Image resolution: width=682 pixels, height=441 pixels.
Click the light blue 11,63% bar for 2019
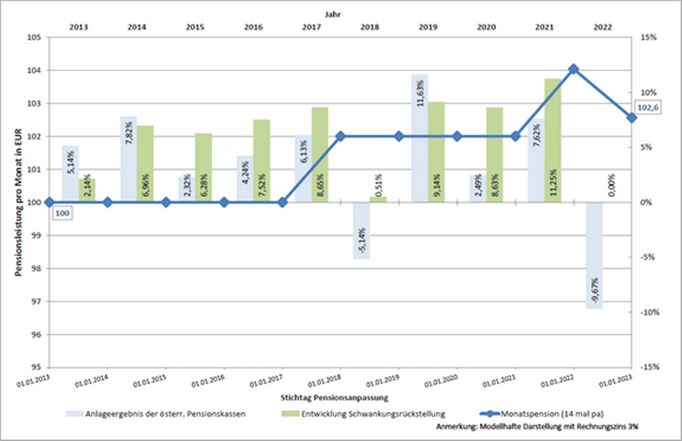click(x=420, y=138)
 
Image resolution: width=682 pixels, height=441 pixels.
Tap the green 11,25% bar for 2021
click(x=553, y=140)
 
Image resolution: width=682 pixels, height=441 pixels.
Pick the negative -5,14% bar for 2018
click(x=361, y=230)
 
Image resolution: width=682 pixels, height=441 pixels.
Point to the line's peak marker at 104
click(x=573, y=69)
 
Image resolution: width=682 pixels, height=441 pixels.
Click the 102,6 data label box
click(x=648, y=108)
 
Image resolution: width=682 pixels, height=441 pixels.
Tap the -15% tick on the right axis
click(x=649, y=367)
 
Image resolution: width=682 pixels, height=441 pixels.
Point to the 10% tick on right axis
click(x=649, y=92)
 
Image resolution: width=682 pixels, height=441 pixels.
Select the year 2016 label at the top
click(x=253, y=26)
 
